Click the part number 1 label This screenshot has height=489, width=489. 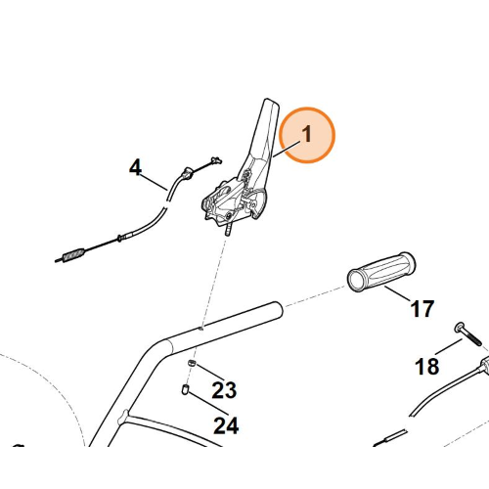[307, 134]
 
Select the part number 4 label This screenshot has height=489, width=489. [135, 167]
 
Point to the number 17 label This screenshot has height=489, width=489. [422, 309]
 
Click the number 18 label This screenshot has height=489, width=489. [427, 366]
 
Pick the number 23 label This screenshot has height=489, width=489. [224, 390]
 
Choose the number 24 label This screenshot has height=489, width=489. [226, 425]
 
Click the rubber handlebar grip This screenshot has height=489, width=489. [381, 271]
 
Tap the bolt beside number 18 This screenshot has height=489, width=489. [468, 333]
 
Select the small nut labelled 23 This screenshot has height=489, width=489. [192, 363]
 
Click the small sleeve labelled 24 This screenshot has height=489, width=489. [185, 389]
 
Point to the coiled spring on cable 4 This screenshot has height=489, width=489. [73, 254]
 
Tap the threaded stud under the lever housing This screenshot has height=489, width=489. [228, 229]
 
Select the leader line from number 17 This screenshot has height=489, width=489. [397, 293]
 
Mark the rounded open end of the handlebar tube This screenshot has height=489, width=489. [278, 309]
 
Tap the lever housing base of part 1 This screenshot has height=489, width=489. [233, 202]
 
